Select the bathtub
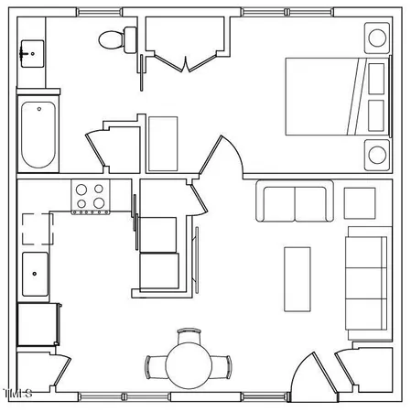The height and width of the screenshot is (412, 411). [x=38, y=134]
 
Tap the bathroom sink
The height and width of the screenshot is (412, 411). [x=32, y=53]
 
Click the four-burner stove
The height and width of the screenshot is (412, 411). [x=91, y=197]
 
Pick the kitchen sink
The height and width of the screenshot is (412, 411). [x=37, y=273]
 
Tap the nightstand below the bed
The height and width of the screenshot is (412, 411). [x=376, y=154]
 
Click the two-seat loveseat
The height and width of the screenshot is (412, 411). [x=295, y=203]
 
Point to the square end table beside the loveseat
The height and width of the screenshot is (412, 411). [x=359, y=202]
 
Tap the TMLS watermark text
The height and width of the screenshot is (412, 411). [x=18, y=395]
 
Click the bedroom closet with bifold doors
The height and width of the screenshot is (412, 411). [x=186, y=41]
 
